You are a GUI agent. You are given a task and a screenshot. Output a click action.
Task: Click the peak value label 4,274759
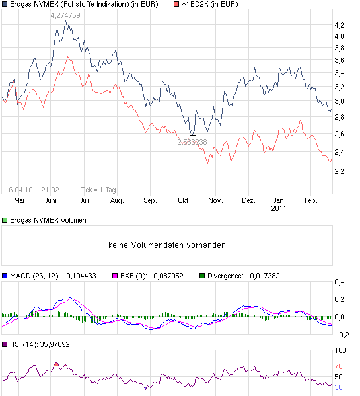65,15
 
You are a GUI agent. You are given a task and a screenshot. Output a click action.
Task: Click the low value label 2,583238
192,141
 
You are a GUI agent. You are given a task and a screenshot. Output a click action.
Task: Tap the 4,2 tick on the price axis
340,25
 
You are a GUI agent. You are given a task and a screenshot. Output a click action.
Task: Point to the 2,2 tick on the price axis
340,172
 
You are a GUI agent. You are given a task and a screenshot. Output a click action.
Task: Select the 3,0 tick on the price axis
340,101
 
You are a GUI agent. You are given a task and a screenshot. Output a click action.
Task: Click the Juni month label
50,200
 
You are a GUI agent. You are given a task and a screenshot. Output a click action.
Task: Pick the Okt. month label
184,200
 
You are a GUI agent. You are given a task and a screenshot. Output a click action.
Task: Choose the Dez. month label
248,200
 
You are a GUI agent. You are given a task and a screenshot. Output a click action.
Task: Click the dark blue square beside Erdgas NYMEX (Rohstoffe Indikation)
5,5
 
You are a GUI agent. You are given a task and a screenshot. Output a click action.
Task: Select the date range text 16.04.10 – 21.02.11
37,190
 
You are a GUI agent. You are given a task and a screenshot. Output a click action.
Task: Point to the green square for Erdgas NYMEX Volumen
5,219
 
